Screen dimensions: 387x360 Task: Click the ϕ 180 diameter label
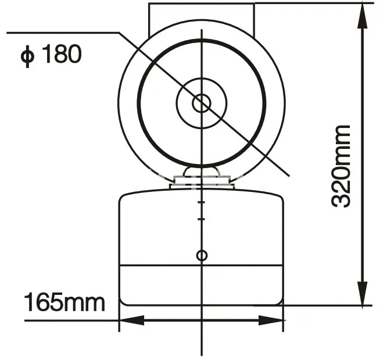point(51,54)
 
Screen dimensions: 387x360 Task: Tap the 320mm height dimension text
point(341,166)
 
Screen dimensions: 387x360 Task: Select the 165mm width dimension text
point(64,302)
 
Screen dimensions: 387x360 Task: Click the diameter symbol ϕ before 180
point(27,56)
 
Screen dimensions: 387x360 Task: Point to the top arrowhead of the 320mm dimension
point(363,16)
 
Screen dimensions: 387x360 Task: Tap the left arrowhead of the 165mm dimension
point(132,320)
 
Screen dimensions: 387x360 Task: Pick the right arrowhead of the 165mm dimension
point(271,320)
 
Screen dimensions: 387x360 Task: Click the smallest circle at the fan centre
point(202,104)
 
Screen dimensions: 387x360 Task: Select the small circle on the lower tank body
point(202,255)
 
